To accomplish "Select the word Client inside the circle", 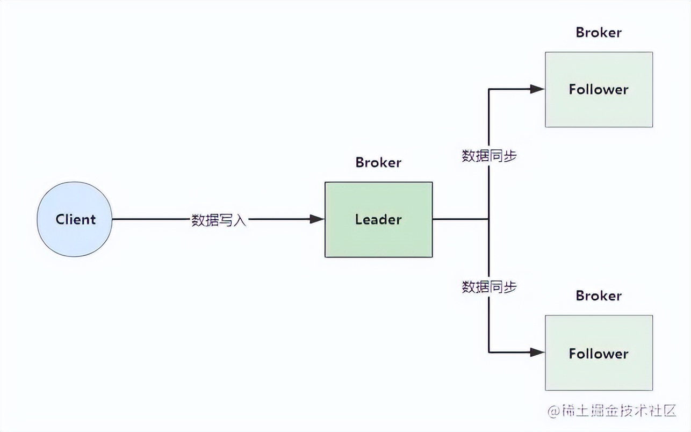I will click(x=75, y=219).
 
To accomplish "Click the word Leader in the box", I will click(x=378, y=219).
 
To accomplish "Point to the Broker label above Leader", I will click(x=378, y=162).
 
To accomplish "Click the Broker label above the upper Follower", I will click(x=599, y=32).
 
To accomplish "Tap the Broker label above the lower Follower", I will click(x=599, y=296).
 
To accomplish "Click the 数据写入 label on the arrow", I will click(x=219, y=220).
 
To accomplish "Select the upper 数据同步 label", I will click(x=489, y=156).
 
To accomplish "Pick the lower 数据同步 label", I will click(x=489, y=287).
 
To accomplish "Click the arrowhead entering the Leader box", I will click(x=318, y=219).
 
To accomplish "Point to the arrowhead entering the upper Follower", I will click(x=538, y=89).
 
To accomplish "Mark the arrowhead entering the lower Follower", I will click(x=538, y=352).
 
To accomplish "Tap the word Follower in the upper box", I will click(x=599, y=89).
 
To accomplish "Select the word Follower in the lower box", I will click(x=599, y=354).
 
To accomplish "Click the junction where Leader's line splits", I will click(x=488, y=219).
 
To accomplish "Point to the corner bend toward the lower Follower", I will click(x=488, y=352).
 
